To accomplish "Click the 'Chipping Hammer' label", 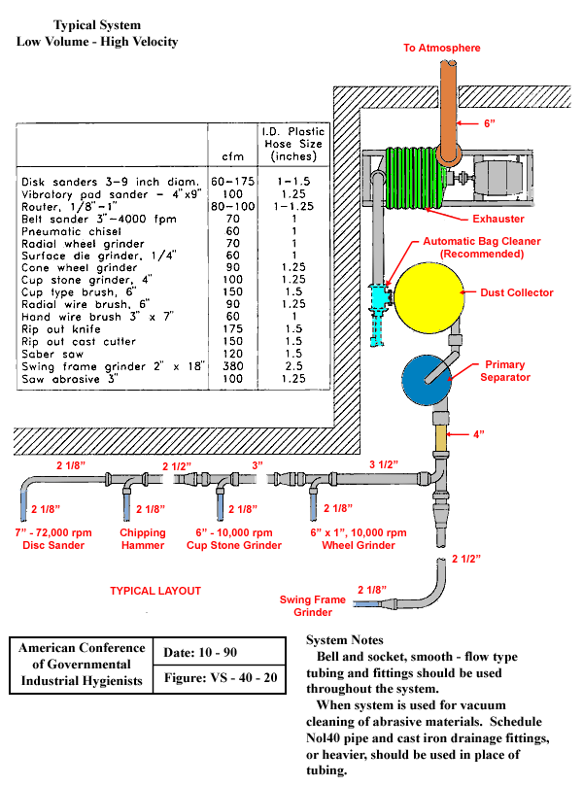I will tap(143, 539).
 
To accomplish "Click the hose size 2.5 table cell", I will tap(292, 366).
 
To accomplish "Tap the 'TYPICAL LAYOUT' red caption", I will tap(155, 591).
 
